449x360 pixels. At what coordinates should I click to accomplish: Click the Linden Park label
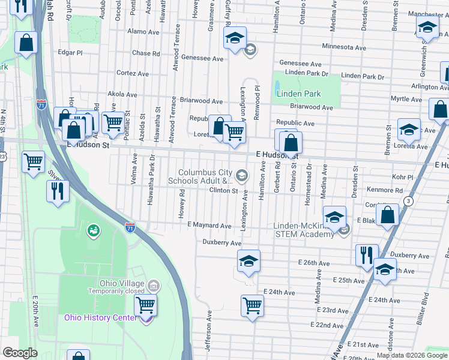point(298,94)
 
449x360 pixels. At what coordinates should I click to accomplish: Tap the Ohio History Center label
point(101,317)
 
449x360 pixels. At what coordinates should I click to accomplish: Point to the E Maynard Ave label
point(209,226)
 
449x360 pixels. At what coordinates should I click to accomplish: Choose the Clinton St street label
point(223,191)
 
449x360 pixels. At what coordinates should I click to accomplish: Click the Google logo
point(19,353)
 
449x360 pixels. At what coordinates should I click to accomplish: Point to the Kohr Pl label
point(402,178)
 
